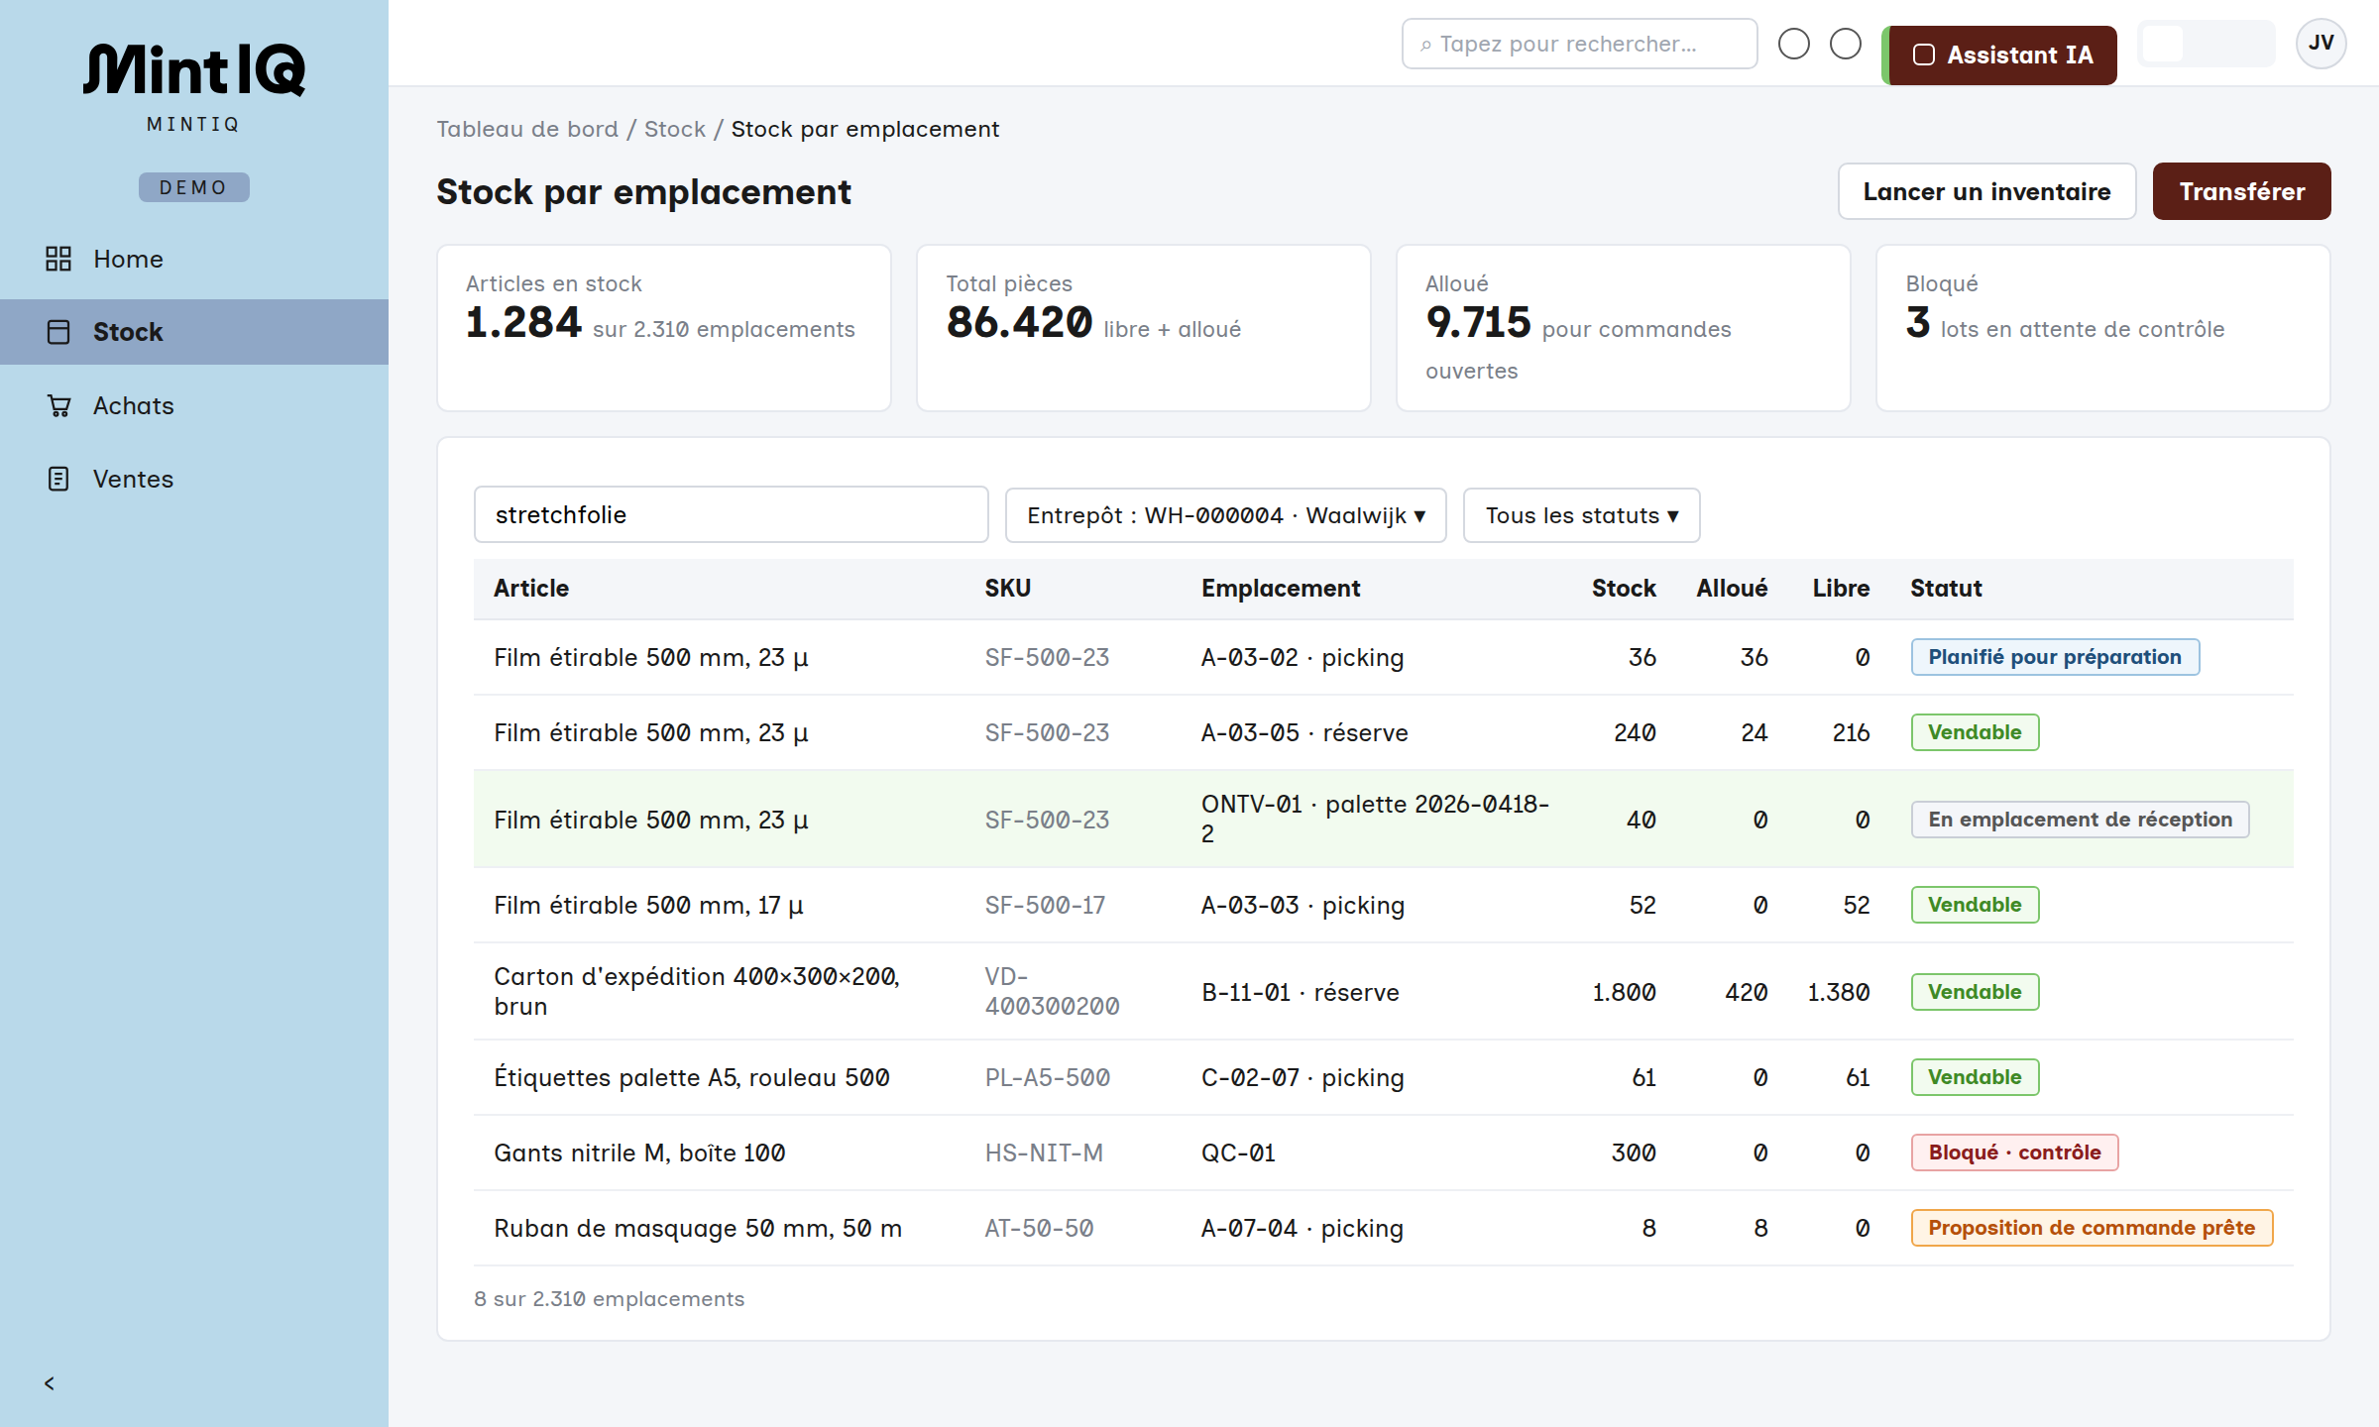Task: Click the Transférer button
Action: pos(2241,191)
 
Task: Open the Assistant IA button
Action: pos(1999,55)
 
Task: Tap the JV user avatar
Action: pos(2321,44)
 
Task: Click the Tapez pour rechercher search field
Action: pos(1579,44)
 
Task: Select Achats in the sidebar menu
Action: pos(133,405)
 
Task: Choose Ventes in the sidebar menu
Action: pos(133,479)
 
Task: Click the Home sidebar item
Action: pos(128,259)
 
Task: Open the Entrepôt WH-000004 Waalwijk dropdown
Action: pos(1225,515)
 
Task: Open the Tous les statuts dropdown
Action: pos(1581,515)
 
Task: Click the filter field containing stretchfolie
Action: pos(731,514)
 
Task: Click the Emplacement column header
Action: pos(1280,588)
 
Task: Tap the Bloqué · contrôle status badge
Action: pos(2014,1153)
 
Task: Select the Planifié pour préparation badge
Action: pos(2055,657)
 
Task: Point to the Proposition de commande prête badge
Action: pos(2092,1228)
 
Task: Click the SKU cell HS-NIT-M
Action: pos(1044,1153)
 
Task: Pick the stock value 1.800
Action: pos(1624,992)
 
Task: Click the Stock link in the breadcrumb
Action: pos(674,129)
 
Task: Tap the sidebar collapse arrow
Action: pos(49,1383)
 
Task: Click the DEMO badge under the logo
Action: pos(193,187)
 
